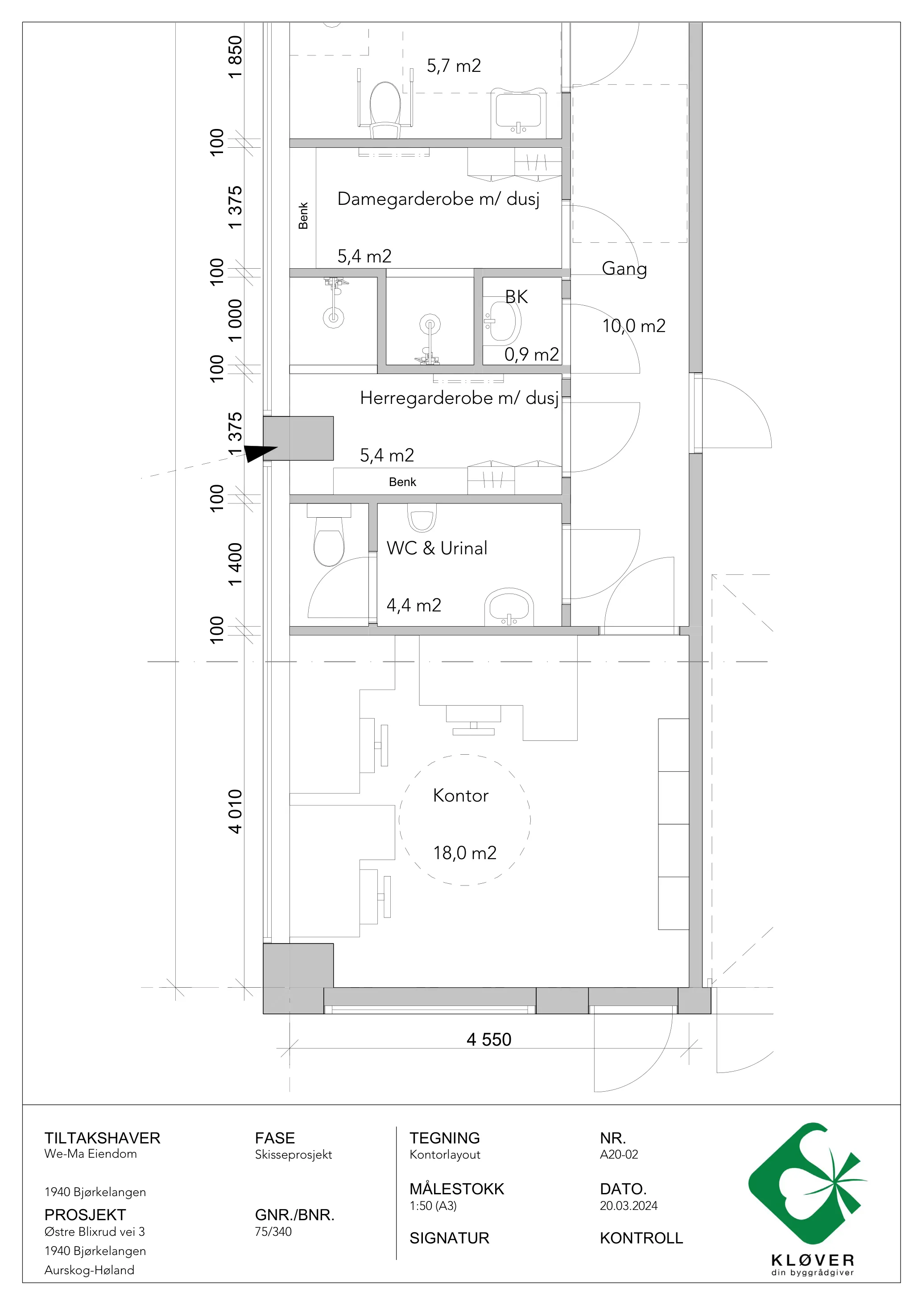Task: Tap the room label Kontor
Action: click(460, 795)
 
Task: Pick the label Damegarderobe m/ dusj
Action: click(438, 199)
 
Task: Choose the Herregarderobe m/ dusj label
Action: click(459, 398)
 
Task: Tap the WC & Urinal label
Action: click(437, 548)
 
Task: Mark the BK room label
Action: click(517, 297)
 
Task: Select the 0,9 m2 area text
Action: click(532, 355)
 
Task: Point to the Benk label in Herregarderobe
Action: click(402, 482)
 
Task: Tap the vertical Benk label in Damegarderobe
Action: click(303, 216)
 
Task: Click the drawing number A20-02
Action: click(619, 1155)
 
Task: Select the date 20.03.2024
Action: click(628, 1205)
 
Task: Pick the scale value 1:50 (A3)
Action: click(433, 1205)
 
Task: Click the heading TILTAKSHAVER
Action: click(102, 1138)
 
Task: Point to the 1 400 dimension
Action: click(235, 565)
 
